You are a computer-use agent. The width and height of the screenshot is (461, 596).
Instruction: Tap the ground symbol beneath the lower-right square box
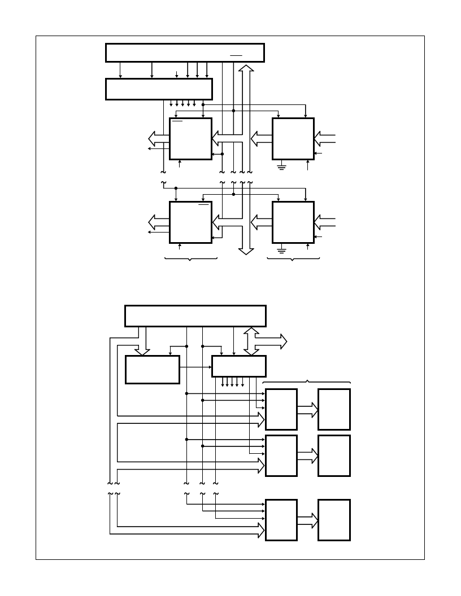click(x=281, y=249)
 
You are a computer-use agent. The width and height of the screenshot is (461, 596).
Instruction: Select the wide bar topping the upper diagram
click(x=185, y=52)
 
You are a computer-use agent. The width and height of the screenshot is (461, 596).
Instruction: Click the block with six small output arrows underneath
click(x=159, y=89)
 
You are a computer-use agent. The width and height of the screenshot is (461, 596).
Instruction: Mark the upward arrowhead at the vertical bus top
click(x=246, y=68)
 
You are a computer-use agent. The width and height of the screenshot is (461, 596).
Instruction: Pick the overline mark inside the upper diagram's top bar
click(x=236, y=56)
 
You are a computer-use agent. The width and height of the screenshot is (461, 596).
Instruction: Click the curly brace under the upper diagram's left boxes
click(x=191, y=259)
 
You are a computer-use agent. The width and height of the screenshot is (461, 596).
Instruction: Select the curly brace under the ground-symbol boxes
click(x=293, y=259)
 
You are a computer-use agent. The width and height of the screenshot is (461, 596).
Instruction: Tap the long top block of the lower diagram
click(x=195, y=315)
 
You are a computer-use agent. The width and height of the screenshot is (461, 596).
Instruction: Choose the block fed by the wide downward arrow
click(x=152, y=370)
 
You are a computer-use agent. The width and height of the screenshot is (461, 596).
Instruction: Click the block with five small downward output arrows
click(x=238, y=366)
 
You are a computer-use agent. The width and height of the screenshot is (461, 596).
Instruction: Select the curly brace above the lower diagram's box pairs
click(x=307, y=382)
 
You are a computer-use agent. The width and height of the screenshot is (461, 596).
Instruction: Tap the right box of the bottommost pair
click(x=334, y=520)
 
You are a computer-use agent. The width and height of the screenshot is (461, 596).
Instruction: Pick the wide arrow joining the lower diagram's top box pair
click(x=308, y=409)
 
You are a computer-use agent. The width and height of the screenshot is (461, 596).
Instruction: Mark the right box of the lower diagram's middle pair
click(x=334, y=455)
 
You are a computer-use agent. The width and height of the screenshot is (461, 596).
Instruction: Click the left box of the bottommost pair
click(x=281, y=520)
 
